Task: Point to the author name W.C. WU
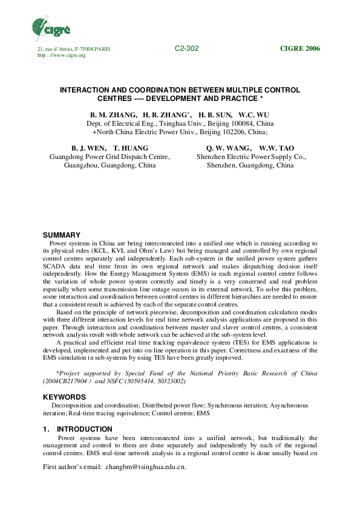pos(254,114)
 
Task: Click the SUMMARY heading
pos(61,235)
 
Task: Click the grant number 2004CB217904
pos(65,382)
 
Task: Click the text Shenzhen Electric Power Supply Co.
pos(251,156)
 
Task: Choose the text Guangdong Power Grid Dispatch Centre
pos(109,156)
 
